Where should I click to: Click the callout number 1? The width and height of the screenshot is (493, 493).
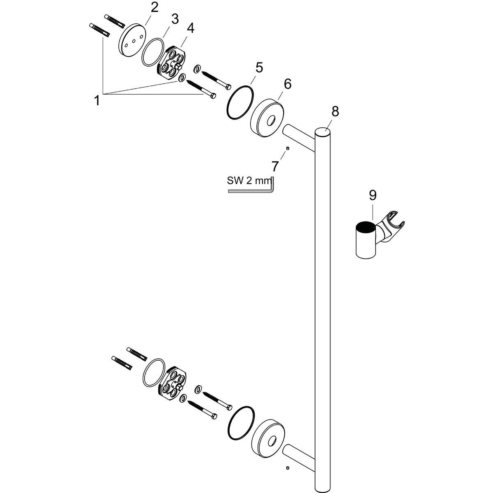click(97, 100)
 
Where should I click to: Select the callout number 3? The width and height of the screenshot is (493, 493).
click(175, 19)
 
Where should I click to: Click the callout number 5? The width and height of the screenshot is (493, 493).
click(259, 67)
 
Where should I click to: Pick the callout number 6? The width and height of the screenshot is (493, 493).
click(287, 84)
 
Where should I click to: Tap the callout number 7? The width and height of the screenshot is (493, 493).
click(275, 166)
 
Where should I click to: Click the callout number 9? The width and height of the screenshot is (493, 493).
click(372, 195)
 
